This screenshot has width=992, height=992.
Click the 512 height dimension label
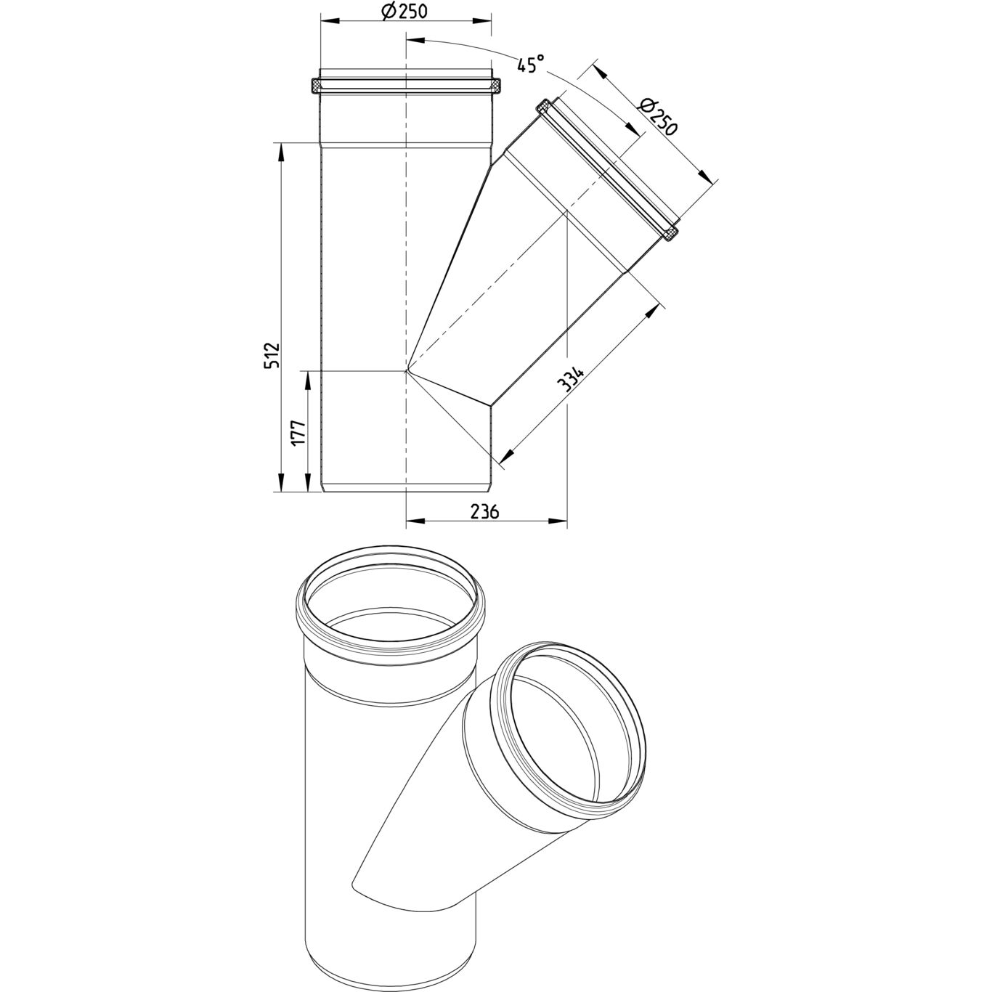pos(272,354)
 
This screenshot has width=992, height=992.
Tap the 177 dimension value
pos(299,432)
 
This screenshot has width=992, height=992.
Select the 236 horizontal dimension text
pos(485,511)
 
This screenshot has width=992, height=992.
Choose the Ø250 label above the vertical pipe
pos(405,11)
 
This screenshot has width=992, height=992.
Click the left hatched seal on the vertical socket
pos(315,86)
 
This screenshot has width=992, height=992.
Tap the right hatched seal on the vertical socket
pos(496,86)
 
